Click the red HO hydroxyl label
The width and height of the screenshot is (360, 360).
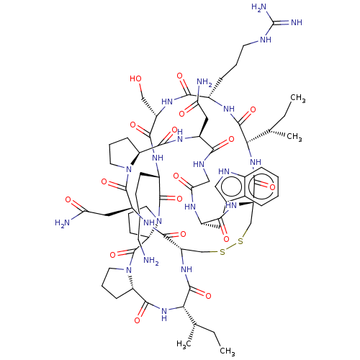(x=135, y=78)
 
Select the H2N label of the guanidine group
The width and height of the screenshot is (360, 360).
(x=258, y=7)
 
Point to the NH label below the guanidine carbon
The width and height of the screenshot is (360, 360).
(x=266, y=40)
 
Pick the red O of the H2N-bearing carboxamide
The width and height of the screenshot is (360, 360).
(x=68, y=199)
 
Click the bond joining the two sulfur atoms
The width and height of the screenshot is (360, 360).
(x=232, y=246)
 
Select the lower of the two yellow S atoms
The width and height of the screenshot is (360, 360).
(x=222, y=252)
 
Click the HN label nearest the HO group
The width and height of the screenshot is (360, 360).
(x=168, y=101)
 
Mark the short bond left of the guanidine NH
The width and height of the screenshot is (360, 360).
(x=254, y=42)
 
